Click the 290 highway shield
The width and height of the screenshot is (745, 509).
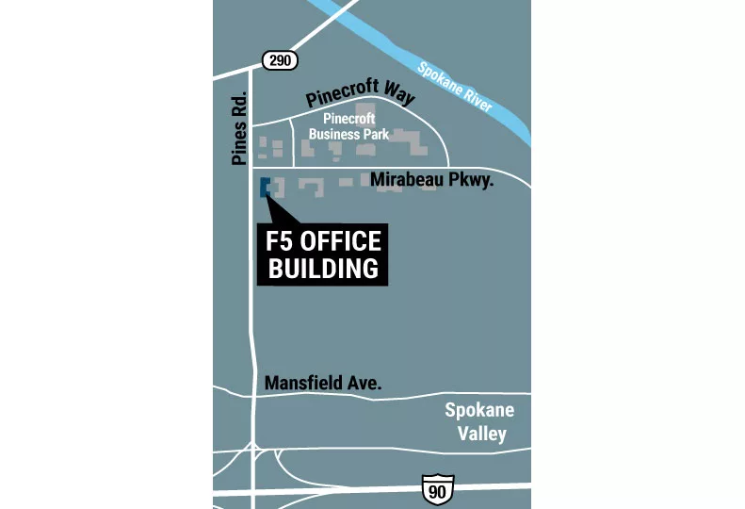click(x=279, y=60)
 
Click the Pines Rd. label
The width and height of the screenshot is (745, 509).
click(x=239, y=129)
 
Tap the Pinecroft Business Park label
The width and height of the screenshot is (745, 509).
click(x=348, y=126)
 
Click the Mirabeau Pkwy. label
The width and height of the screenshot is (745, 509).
click(x=432, y=179)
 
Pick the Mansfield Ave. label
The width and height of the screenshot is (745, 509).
click(x=323, y=384)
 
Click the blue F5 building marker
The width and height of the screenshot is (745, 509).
click(x=266, y=187)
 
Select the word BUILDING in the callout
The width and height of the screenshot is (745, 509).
click(x=323, y=268)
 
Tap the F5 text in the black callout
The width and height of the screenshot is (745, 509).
click(x=280, y=240)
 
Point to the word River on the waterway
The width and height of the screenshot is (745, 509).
click(x=478, y=106)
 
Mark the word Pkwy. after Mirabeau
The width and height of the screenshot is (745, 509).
click(x=471, y=179)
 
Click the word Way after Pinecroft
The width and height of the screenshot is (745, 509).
click(x=399, y=90)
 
